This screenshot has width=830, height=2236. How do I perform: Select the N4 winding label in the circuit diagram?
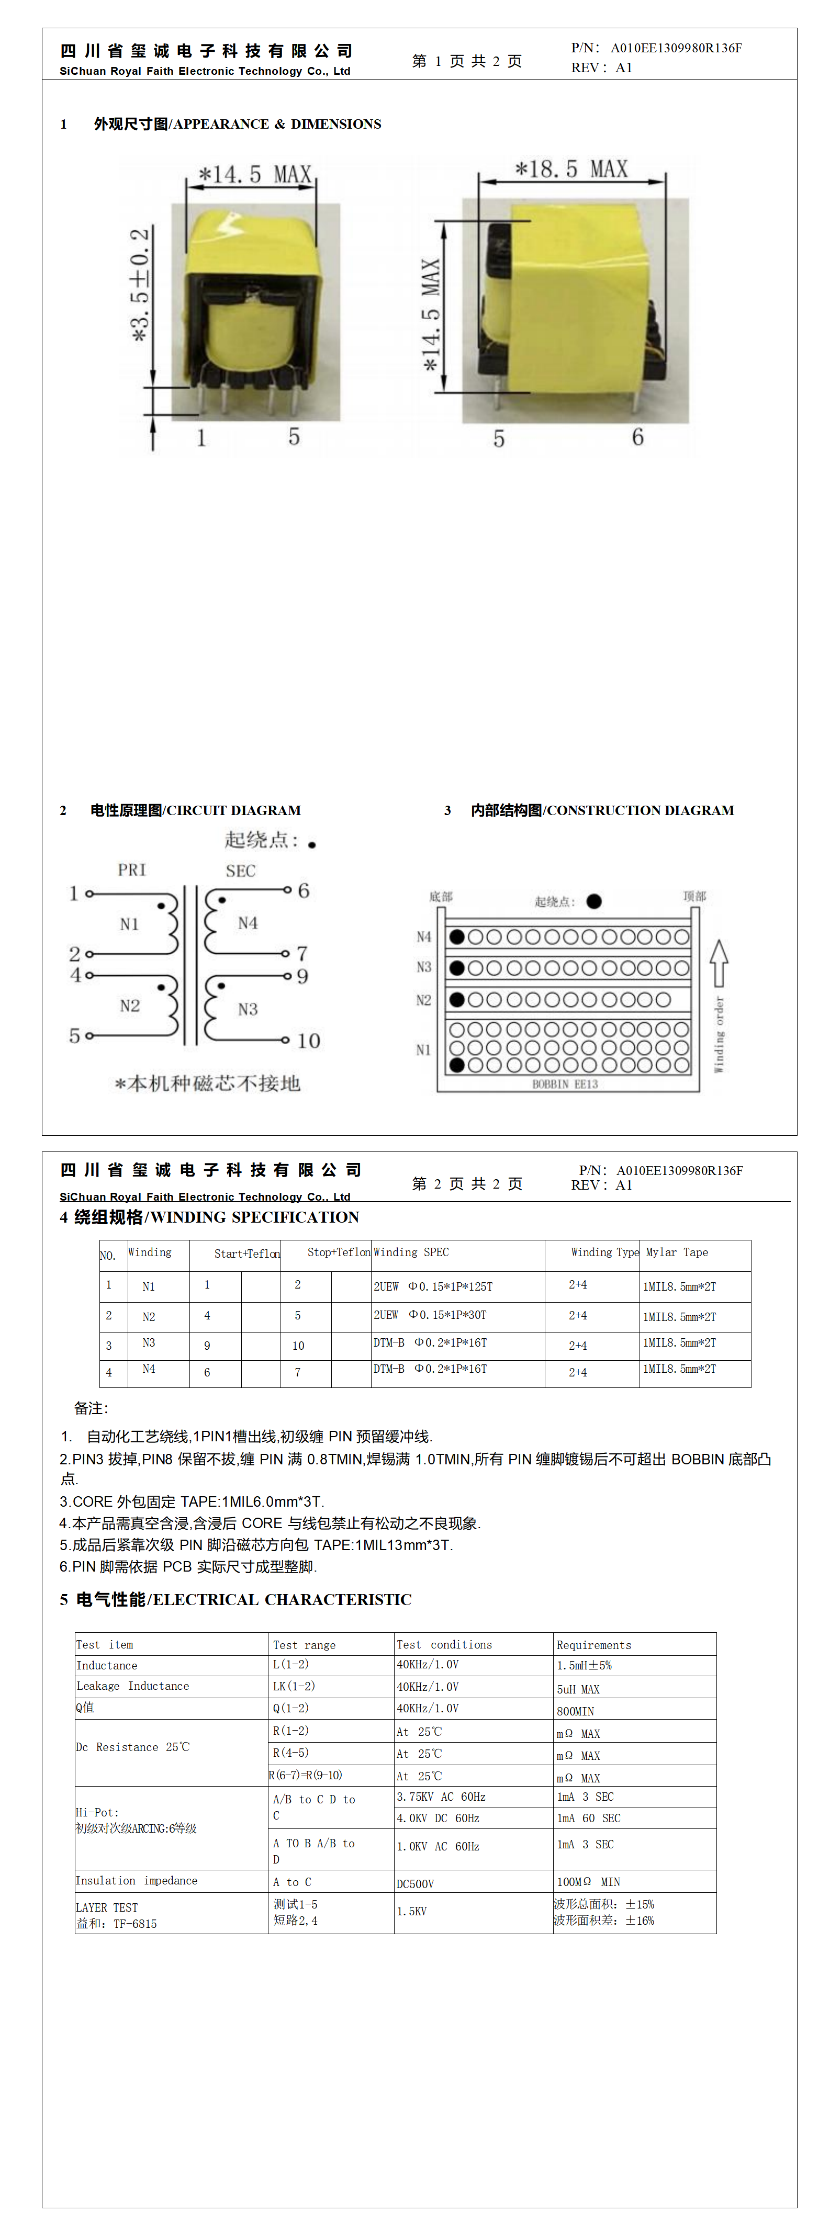click(248, 923)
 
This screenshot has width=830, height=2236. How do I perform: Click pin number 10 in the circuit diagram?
click(308, 1041)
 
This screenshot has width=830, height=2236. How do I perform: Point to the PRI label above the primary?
click(132, 869)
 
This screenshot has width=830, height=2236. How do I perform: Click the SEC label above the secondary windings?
click(241, 871)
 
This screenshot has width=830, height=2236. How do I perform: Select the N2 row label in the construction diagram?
click(424, 1000)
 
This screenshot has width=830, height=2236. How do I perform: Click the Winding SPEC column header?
click(411, 1252)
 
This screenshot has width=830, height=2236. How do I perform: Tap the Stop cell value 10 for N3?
click(298, 1346)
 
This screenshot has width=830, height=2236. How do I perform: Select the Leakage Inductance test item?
click(132, 1686)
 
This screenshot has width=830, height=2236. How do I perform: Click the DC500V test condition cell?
click(415, 1883)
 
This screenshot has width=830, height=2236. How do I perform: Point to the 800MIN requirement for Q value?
click(576, 1711)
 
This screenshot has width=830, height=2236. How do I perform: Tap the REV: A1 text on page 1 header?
click(602, 67)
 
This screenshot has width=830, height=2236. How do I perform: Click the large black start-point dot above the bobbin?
click(594, 901)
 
